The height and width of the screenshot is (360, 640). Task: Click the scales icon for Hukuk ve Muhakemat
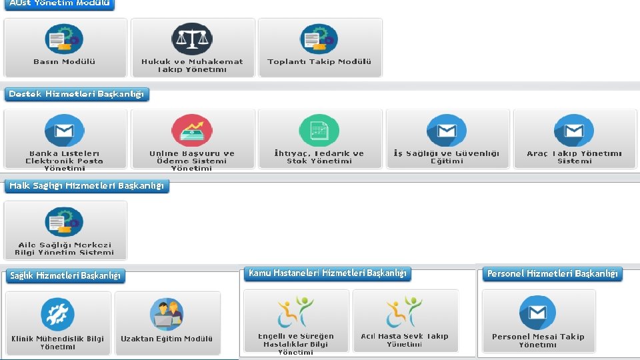tap(192, 39)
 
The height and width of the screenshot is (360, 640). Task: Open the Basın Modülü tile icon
tap(64, 39)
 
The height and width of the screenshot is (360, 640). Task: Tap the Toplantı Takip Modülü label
tap(319, 62)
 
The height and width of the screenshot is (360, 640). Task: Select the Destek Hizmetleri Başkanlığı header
tap(77, 94)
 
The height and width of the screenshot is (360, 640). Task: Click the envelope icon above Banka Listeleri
tap(64, 131)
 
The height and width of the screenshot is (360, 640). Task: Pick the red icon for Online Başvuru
tap(192, 131)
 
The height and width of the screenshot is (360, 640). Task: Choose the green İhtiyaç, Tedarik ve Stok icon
tap(319, 131)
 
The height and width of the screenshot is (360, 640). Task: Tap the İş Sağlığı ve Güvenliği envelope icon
tap(447, 131)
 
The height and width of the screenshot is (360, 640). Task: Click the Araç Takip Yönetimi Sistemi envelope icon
tap(574, 131)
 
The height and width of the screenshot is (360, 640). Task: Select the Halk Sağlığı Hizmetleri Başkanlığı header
tap(87, 186)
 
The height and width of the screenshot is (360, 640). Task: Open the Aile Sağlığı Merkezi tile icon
tap(64, 223)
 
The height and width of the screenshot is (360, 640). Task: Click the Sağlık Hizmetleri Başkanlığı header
tap(65, 275)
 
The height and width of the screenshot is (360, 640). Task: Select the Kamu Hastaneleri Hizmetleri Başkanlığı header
tap(327, 273)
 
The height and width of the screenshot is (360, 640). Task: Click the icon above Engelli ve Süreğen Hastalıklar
tap(296, 312)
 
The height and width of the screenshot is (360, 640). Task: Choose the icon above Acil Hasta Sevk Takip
tap(405, 312)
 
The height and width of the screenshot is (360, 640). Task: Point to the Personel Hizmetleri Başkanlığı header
tap(552, 273)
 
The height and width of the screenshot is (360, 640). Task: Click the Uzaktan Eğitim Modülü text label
tap(167, 339)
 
